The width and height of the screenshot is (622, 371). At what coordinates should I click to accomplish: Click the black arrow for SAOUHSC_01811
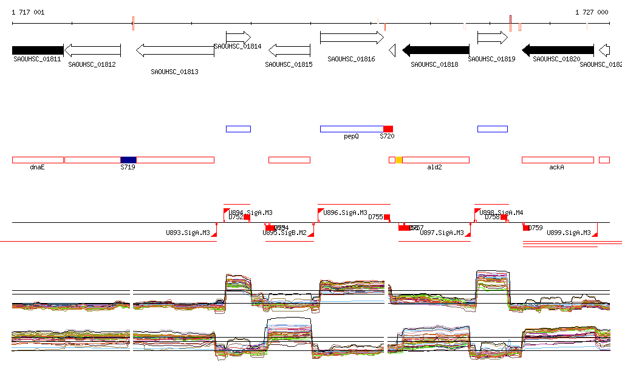(38, 50)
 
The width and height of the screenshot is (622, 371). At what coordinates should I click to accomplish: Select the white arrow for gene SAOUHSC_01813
(175, 50)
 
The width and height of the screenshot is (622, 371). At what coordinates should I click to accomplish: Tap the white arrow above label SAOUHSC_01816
(352, 38)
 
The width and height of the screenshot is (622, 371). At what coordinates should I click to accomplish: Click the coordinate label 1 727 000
(592, 12)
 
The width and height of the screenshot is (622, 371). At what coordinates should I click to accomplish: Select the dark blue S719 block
(128, 160)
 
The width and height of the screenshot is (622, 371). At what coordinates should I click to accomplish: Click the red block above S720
(388, 129)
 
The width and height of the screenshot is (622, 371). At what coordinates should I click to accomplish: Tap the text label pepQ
(352, 137)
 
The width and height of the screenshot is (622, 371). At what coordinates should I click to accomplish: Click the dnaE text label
(38, 167)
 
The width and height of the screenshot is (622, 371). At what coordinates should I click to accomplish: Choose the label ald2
(434, 167)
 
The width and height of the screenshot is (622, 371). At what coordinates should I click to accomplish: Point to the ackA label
(556, 167)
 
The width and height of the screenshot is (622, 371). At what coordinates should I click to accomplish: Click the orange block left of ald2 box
(398, 160)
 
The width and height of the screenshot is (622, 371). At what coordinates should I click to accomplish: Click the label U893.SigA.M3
(188, 233)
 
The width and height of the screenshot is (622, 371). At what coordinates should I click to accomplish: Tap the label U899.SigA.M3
(569, 233)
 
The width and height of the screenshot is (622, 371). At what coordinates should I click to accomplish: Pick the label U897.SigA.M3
(442, 233)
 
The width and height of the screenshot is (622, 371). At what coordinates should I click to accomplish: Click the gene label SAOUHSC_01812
(92, 64)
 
